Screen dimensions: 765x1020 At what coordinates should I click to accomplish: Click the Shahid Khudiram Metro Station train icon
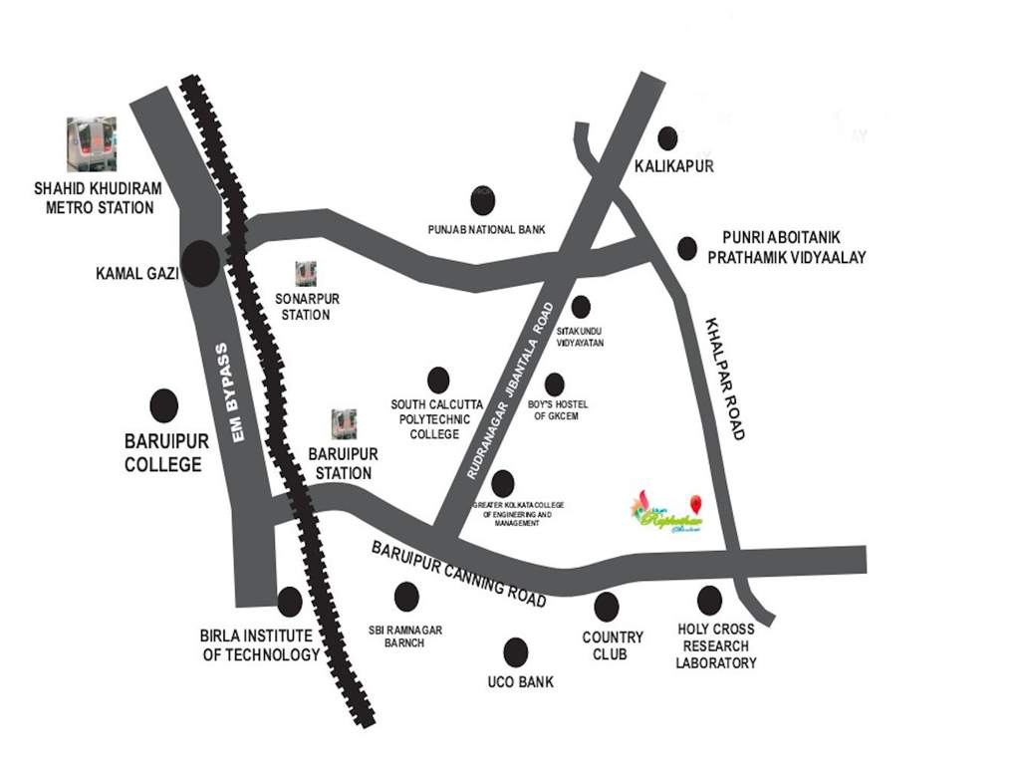(91, 144)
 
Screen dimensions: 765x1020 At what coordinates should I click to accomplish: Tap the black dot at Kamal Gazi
(200, 264)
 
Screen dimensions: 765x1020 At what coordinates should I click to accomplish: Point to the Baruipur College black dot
(163, 405)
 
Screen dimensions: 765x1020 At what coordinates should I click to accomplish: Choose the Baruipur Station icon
(344, 424)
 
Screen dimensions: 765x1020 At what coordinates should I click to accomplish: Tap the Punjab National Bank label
(487, 229)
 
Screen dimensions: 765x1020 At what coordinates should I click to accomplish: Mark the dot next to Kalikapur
(667, 138)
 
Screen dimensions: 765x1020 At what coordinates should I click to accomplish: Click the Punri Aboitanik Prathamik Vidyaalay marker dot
(686, 248)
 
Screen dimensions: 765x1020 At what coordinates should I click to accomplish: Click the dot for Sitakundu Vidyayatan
(581, 307)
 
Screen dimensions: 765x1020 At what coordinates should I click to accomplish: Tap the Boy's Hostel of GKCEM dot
(555, 384)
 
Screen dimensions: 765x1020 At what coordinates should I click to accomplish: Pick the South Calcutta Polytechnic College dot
(438, 379)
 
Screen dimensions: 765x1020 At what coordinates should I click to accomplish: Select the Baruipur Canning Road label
(459, 575)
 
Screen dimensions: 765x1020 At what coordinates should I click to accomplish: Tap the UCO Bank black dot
(516, 652)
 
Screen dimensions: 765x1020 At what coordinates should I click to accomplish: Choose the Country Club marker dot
(607, 606)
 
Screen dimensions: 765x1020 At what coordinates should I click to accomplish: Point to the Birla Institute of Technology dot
(290, 602)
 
